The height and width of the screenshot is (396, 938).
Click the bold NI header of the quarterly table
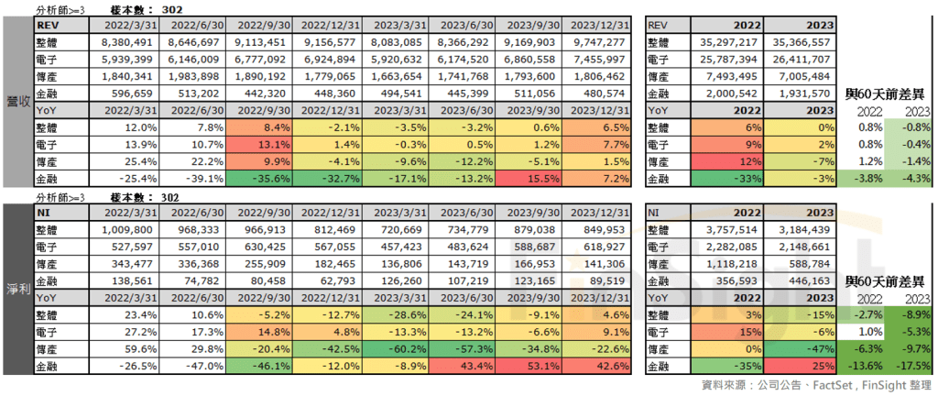tap(43, 212)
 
